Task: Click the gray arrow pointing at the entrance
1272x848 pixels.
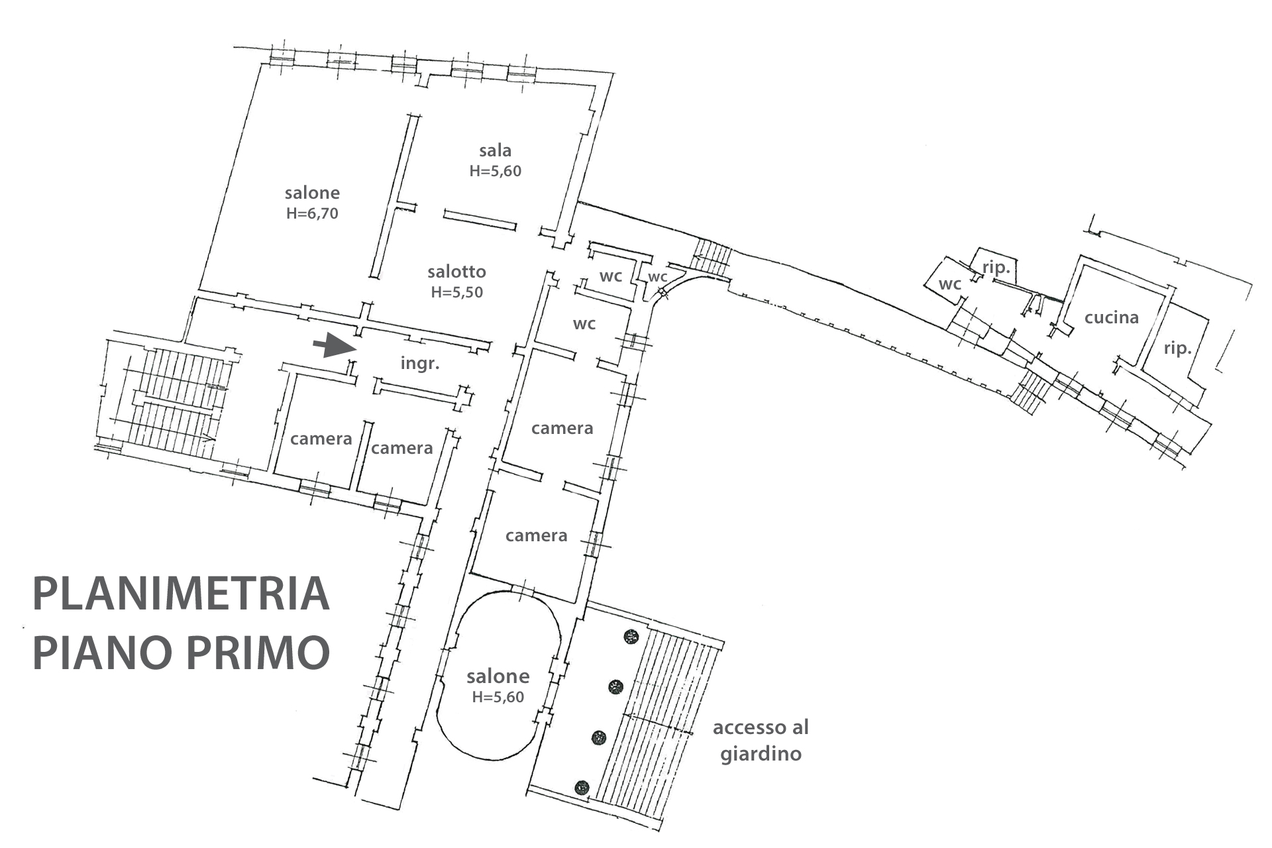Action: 335,345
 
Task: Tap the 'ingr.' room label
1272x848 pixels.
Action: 420,363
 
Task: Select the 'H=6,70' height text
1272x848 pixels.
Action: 312,213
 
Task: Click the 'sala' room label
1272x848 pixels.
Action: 495,150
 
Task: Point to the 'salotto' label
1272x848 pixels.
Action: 456,272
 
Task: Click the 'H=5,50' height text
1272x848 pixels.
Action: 456,292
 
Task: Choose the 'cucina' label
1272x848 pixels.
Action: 1111,317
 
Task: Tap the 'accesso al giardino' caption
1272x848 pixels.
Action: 761,741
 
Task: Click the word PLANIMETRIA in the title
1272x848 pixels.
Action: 181,594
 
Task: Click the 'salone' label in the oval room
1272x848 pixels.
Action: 498,676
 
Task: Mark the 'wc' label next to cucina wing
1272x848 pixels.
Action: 949,284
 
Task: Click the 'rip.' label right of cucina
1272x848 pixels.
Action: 1177,348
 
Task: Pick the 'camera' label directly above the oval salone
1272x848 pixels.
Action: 536,535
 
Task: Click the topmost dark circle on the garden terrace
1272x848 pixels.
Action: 631,637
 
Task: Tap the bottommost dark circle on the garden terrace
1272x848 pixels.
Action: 582,787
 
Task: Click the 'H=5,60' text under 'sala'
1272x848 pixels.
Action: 495,171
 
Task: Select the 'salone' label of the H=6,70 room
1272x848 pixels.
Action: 312,193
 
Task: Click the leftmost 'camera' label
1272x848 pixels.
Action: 321,439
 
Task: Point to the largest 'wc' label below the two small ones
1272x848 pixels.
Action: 584,324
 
